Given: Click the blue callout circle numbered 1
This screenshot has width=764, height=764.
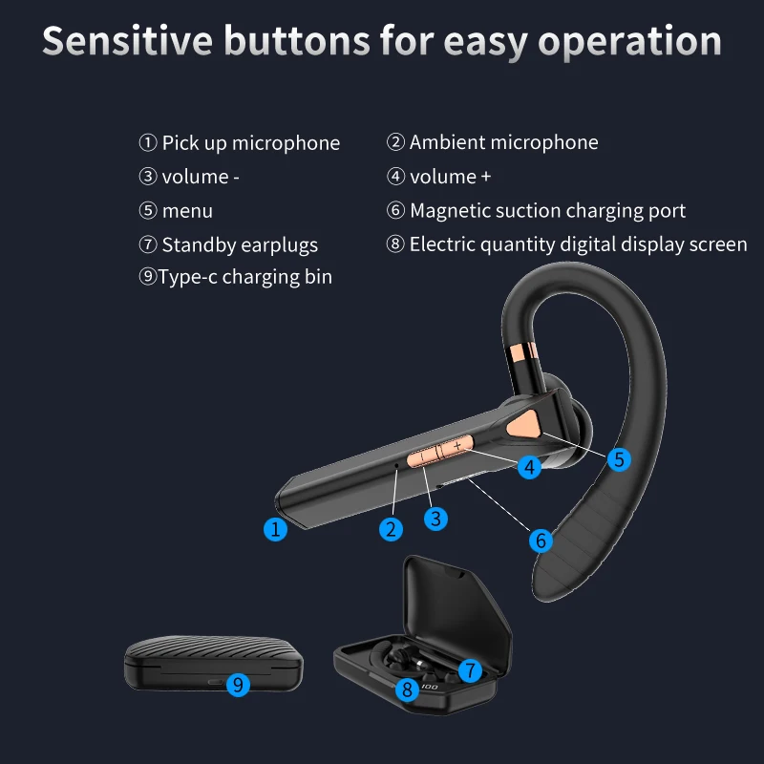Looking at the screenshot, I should (x=275, y=529).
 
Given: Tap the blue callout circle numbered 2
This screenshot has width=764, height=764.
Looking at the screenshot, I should (x=390, y=529).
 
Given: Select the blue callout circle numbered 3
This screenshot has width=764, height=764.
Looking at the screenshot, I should (x=435, y=519).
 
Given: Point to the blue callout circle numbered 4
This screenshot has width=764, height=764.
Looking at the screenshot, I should (x=529, y=467).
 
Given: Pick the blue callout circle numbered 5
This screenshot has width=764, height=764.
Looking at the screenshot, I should (x=620, y=459).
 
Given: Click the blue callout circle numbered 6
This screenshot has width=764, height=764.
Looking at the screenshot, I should (x=541, y=541).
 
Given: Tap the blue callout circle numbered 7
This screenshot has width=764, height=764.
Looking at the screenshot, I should (x=469, y=669).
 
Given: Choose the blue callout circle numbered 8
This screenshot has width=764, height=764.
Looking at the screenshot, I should (x=407, y=688).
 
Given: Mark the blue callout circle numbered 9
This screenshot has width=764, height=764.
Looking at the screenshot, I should (x=238, y=684).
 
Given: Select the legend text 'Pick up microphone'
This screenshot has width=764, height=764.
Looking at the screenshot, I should (x=250, y=143).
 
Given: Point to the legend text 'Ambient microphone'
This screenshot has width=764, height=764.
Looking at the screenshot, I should (x=503, y=143).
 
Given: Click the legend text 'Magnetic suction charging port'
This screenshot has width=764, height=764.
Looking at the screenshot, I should (x=547, y=211).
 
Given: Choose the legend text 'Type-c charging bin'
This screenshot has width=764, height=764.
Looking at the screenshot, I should (x=245, y=278).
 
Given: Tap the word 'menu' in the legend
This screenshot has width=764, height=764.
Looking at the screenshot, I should (x=187, y=211).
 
